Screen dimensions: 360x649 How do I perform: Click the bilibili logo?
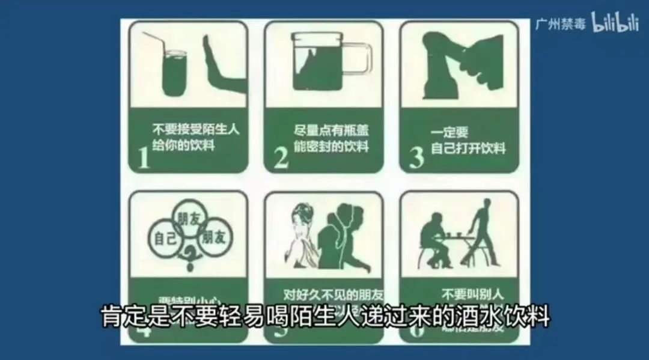pos(615,23)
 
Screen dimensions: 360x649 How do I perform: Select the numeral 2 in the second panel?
pos(281,157)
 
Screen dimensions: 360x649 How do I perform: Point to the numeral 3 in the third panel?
pos(416,157)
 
